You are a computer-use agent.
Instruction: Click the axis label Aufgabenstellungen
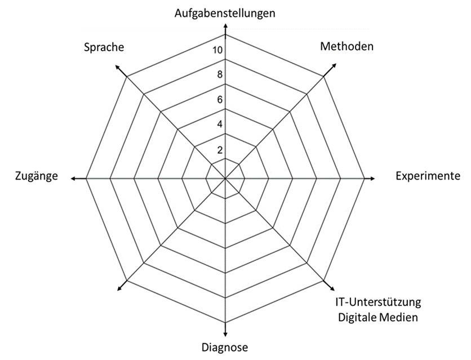point(225,12)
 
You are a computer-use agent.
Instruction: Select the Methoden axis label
point(346,46)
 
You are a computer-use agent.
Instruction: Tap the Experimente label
point(428,176)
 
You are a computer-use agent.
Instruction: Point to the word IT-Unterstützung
point(375,303)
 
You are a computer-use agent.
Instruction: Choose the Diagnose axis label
point(225,347)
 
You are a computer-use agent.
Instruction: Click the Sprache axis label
point(104,47)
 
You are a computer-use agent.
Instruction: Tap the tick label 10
point(217,51)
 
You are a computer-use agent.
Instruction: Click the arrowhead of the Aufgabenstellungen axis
point(225,26)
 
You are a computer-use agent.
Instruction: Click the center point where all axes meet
point(225,179)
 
